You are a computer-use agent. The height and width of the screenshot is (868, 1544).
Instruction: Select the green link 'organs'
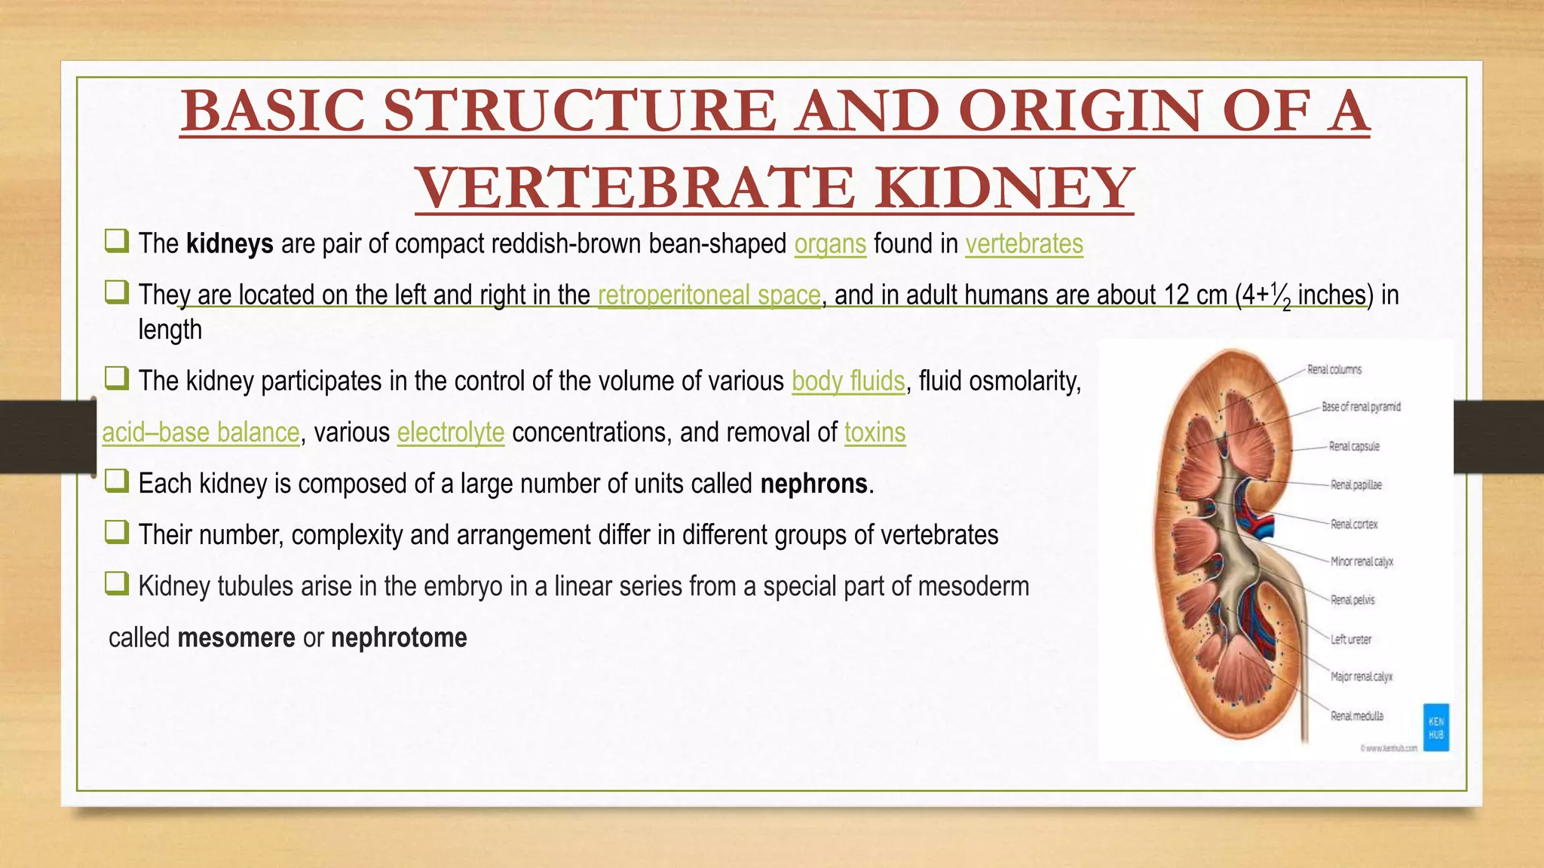830,244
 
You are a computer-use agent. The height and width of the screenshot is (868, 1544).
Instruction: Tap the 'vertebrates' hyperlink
1024,244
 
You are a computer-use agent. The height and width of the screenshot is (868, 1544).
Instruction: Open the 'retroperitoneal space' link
709,295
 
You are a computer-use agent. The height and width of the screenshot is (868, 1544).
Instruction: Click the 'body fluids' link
848,381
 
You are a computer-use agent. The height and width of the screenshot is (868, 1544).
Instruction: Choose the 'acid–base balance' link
201,432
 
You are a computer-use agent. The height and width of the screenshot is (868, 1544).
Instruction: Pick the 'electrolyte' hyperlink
451,432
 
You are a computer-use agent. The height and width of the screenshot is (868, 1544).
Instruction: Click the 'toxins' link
875,432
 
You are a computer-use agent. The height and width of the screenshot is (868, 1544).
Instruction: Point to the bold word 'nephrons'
813,484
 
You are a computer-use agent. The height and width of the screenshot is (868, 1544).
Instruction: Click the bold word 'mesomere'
236,638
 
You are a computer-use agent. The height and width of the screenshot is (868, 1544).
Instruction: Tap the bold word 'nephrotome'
399,638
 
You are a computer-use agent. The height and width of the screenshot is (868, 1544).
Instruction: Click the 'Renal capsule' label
1354,447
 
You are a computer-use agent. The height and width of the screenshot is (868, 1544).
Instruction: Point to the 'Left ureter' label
1350,640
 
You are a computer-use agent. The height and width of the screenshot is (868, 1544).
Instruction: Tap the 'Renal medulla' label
1356,717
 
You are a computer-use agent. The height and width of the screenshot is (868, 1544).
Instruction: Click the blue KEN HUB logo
1435,728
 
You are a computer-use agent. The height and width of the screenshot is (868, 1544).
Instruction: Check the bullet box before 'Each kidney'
116,481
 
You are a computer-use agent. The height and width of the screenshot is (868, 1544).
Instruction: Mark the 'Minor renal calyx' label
1362,562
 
